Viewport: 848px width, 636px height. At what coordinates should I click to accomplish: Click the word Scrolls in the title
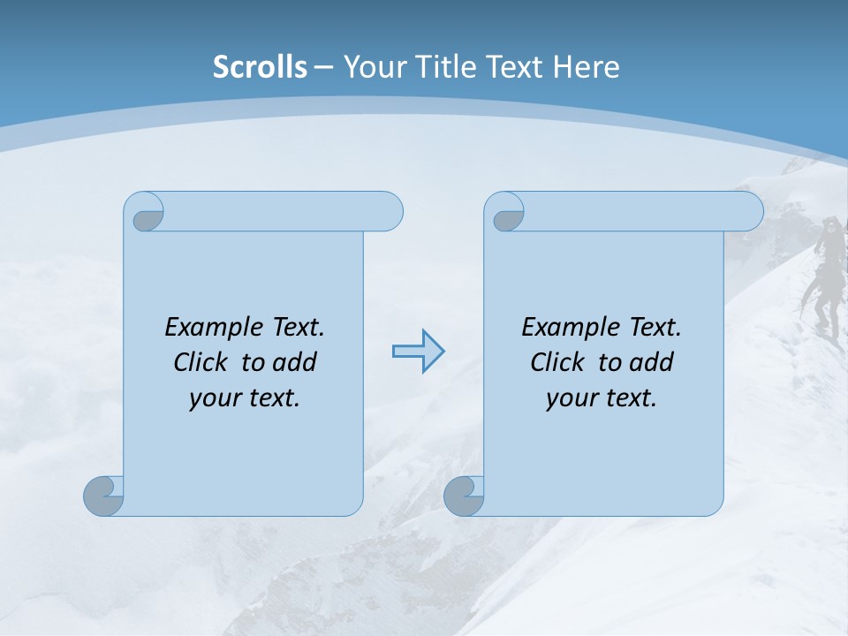(260, 67)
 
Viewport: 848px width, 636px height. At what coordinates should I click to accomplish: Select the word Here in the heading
(587, 67)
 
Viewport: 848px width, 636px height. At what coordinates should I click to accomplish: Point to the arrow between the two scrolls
(418, 352)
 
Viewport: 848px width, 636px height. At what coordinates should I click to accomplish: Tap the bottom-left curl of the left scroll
(103, 496)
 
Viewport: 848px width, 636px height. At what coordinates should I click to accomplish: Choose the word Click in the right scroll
(557, 362)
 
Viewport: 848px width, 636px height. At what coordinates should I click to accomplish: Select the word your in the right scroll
(571, 398)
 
